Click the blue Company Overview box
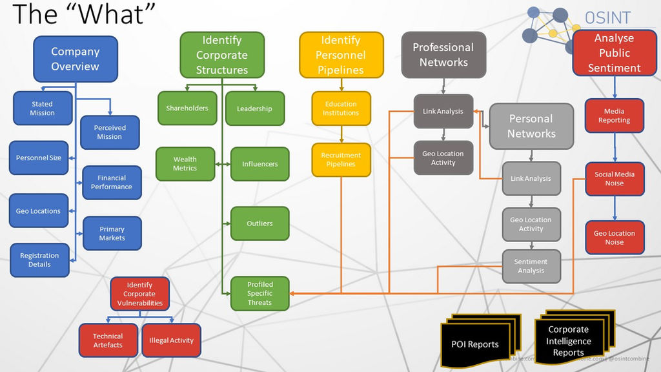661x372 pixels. [75, 59]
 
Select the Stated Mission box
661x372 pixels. [42, 108]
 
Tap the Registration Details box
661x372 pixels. [39, 260]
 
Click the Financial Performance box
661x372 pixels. [112, 183]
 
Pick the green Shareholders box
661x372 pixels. [187, 108]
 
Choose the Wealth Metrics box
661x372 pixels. [185, 164]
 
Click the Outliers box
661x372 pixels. [259, 223]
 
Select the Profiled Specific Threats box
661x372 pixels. [259, 293]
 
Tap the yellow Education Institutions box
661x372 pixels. [341, 108]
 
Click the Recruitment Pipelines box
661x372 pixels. [341, 160]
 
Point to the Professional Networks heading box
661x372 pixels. [443, 55]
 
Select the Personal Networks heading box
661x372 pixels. [531, 126]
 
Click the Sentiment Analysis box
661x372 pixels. [531, 266]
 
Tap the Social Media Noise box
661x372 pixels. [614, 179]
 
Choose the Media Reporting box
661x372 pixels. [614, 116]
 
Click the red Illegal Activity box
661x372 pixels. [171, 340]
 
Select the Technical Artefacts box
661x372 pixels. [108, 340]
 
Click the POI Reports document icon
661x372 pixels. [474, 344]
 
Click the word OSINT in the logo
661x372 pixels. [607, 17]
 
